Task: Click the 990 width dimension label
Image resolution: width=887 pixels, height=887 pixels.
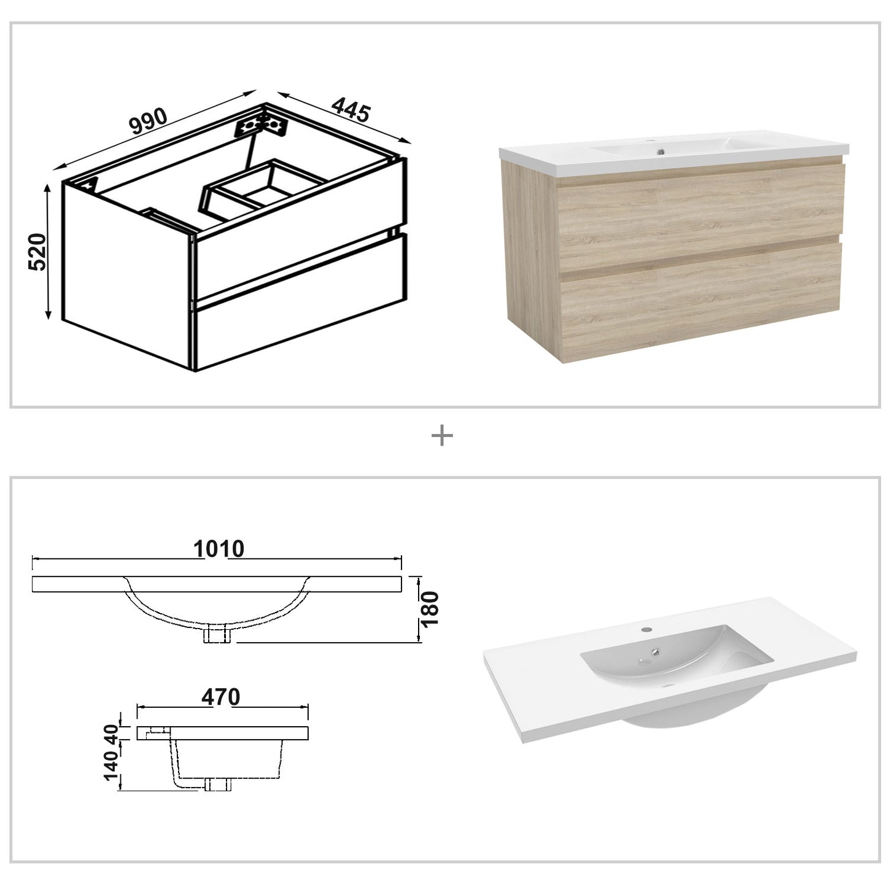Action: point(148,122)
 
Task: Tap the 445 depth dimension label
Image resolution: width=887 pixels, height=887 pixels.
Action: point(351,110)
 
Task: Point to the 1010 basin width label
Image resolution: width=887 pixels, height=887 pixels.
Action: point(219,548)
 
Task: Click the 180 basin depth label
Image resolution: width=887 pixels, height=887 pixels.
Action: point(430,609)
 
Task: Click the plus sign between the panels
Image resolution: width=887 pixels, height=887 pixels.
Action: point(442,436)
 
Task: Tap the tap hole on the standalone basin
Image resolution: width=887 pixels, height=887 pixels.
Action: point(647,629)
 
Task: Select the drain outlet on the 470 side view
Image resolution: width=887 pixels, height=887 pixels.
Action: point(219,784)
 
